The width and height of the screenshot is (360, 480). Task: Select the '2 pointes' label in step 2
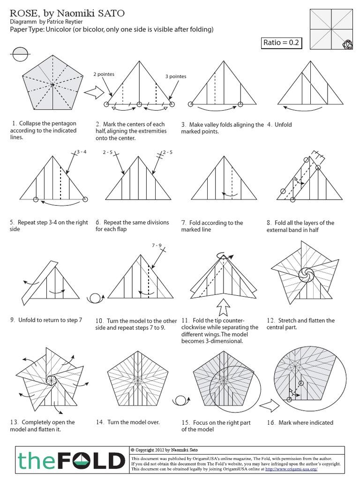(104, 74)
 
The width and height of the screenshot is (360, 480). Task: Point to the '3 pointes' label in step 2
(175, 76)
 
